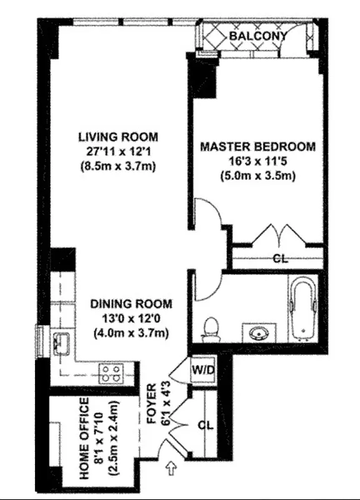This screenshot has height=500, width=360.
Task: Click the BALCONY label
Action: [x=257, y=36]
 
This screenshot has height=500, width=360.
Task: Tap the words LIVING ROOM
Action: [x=118, y=136]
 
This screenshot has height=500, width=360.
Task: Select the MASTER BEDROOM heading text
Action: [x=257, y=147]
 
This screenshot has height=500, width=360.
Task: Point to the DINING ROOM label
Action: [x=131, y=304]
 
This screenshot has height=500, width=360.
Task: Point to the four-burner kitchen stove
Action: [x=111, y=373]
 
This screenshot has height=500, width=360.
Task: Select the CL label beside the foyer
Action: [x=204, y=426]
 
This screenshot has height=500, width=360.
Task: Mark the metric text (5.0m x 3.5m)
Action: [x=257, y=176]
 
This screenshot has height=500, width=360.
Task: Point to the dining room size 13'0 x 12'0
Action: [x=131, y=318]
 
